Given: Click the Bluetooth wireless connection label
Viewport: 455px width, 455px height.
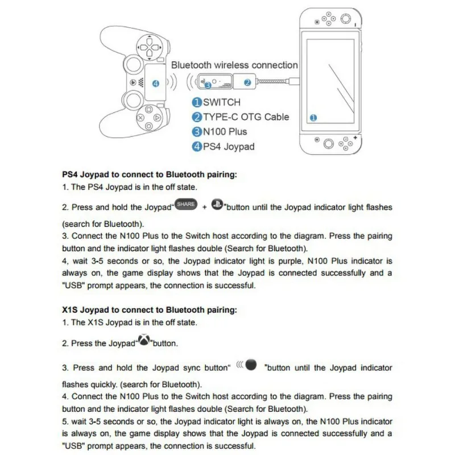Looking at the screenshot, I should pos(234,65).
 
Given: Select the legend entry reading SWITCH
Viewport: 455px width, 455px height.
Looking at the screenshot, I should pos(216,102).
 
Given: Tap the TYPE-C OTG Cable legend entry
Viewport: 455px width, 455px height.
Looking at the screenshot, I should pos(241,117).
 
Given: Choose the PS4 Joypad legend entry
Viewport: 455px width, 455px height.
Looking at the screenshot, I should pos(223,147).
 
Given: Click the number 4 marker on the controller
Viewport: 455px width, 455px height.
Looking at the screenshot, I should pos(156,84).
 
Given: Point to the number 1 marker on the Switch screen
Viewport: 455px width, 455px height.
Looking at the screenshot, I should pos(313,118).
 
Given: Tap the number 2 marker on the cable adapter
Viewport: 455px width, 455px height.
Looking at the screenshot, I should pos(247,82).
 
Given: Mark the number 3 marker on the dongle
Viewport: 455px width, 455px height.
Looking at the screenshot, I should pos(208,85).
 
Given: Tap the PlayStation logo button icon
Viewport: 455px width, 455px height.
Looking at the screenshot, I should pos(217,205).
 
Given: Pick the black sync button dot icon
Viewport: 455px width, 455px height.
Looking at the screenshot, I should pos(252,365).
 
